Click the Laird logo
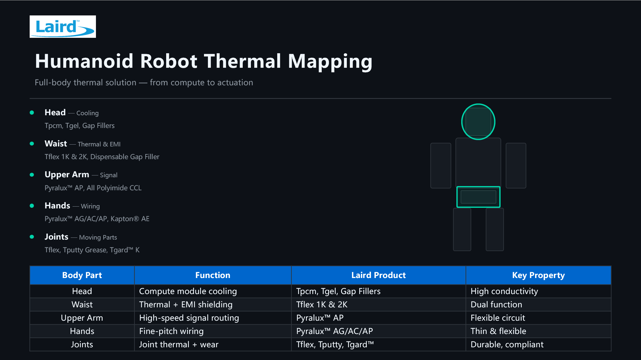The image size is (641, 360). [x=63, y=27]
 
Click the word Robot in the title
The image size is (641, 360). [x=169, y=61]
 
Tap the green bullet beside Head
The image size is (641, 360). [x=32, y=113]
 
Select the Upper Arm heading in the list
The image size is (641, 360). [x=67, y=175]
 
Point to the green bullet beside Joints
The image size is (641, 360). [x=32, y=237]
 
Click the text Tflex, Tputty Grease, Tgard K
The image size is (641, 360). [x=92, y=250]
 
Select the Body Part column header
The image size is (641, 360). [x=82, y=275]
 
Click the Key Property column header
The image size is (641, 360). [x=538, y=275]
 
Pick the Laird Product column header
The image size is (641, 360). [x=379, y=275]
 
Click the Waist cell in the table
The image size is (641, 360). [x=82, y=305]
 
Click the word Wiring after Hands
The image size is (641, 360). [x=90, y=206]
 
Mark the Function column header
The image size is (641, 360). [x=213, y=275]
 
